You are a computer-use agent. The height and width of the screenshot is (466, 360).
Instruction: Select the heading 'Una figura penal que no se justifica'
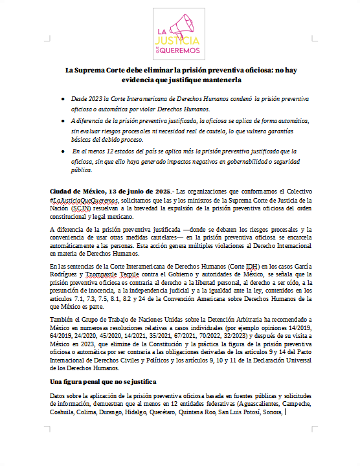(x=103, y=383)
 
